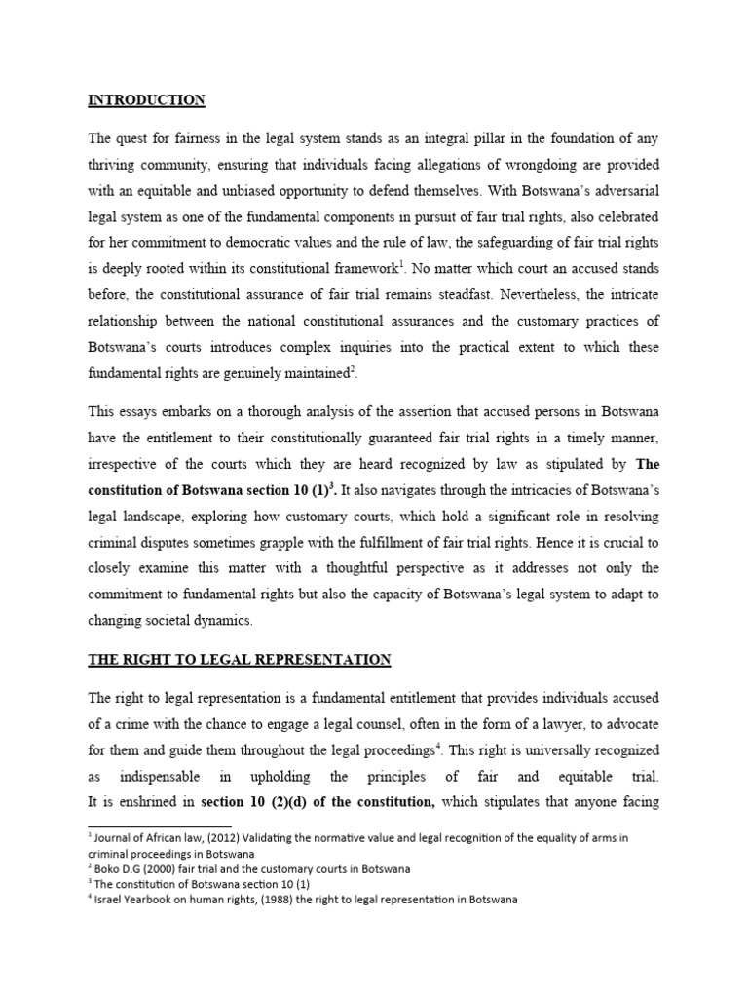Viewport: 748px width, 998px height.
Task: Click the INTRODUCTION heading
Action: point(146,99)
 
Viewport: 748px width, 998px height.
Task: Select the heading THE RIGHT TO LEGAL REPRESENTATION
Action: point(240,660)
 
